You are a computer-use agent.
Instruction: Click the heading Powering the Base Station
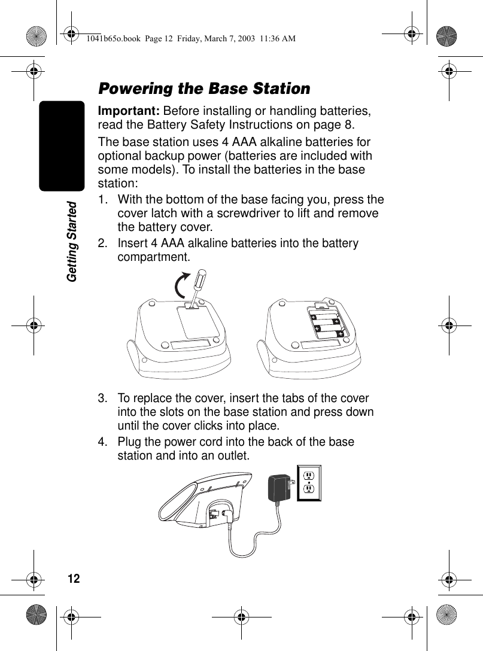click(x=204, y=89)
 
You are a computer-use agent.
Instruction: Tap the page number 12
click(x=73, y=579)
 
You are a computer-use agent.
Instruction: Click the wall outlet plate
click(x=309, y=482)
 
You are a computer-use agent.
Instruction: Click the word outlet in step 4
click(x=233, y=457)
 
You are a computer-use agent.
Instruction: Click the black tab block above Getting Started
click(x=62, y=145)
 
